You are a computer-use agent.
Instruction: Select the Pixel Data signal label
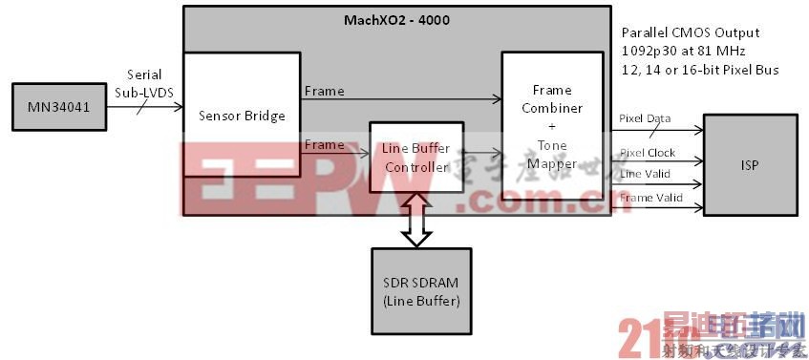(x=646, y=119)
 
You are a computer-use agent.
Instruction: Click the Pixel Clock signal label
(x=648, y=153)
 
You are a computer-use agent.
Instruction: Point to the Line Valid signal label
(x=644, y=173)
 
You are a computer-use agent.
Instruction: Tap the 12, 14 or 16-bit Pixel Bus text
(x=699, y=70)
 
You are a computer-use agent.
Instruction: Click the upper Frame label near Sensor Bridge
(x=324, y=91)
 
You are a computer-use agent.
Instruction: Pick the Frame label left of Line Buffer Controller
(x=324, y=145)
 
